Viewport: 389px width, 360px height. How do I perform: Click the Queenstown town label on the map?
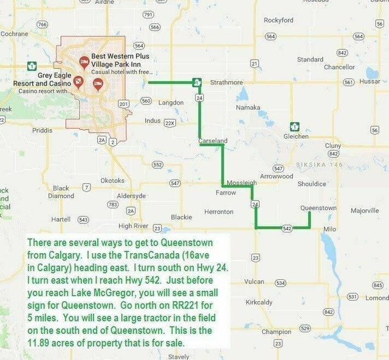(x=318, y=208)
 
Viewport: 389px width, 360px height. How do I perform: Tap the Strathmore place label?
(x=226, y=83)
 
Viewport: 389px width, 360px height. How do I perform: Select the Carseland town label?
(x=213, y=141)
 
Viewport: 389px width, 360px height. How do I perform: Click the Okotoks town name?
(x=112, y=181)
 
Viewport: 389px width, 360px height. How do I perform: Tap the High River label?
(x=133, y=226)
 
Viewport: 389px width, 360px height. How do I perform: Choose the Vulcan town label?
(x=253, y=282)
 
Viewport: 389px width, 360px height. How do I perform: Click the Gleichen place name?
(x=296, y=137)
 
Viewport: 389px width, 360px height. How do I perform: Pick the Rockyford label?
(x=278, y=21)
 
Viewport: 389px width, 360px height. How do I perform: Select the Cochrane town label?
(x=14, y=34)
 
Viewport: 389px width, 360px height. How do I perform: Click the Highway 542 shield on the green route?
(x=287, y=228)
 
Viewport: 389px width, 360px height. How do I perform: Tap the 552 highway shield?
(x=157, y=165)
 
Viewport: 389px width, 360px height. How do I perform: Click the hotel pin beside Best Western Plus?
(x=84, y=62)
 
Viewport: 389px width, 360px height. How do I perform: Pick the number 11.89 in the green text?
(x=40, y=343)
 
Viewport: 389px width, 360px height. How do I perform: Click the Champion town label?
(x=276, y=332)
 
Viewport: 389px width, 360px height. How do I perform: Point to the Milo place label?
(x=329, y=229)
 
